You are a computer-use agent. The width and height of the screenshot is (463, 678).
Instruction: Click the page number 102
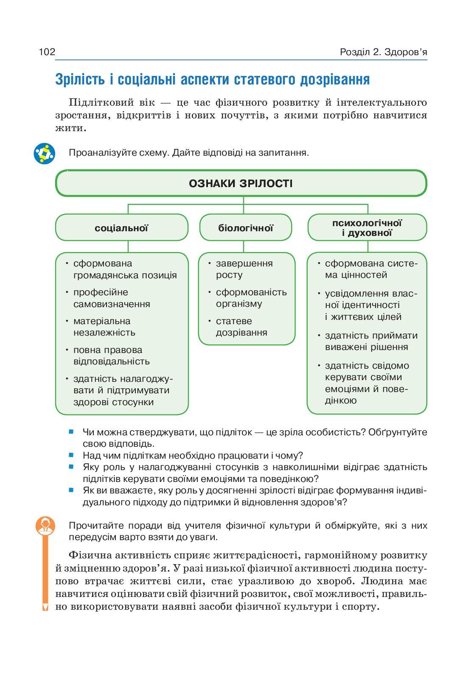point(47,52)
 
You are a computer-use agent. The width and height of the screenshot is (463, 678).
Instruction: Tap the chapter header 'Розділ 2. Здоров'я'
point(383,52)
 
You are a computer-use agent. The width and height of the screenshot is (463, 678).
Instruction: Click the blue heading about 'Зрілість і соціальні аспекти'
point(212,80)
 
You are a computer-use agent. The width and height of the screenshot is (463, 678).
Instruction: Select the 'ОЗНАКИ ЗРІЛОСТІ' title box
point(241,184)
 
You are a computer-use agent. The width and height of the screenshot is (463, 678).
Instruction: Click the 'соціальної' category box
point(121,228)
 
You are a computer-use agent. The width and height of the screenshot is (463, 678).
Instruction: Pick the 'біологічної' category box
point(246,228)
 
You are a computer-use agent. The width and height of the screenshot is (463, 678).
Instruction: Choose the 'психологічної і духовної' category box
point(367,228)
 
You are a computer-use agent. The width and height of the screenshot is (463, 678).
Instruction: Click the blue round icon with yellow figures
point(45,154)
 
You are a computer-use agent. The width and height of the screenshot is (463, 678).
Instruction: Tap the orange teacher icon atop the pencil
point(45,526)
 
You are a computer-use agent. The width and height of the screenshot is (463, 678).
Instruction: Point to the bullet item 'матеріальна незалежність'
point(104,327)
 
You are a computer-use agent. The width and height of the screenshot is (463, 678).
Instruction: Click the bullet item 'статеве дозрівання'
point(241,327)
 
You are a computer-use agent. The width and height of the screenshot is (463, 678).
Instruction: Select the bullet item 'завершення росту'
point(244,269)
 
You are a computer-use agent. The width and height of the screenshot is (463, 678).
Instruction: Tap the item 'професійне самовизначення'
point(111,298)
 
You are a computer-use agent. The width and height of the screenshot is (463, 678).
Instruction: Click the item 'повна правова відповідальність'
point(111,356)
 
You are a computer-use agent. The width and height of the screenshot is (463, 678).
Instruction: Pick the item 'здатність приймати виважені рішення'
point(370,341)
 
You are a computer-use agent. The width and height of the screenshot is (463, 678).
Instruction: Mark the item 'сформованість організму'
point(251,298)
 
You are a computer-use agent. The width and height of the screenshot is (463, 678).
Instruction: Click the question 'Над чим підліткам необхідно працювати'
point(193,456)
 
